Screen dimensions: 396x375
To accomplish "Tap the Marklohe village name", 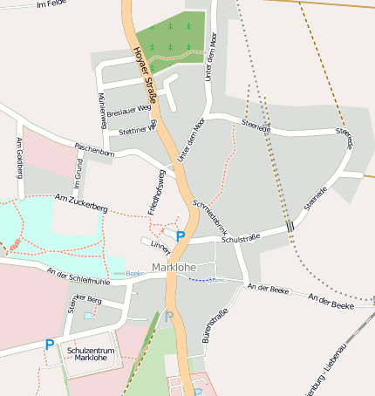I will tap(172, 267).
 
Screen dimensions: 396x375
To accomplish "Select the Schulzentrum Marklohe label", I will tap(91, 353).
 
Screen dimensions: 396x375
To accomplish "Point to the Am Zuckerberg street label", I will tap(80, 205).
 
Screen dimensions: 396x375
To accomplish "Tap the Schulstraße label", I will tap(242, 238).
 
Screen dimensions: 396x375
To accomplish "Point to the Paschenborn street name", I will tap(94, 149).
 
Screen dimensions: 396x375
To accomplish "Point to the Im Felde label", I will tap(52, 4).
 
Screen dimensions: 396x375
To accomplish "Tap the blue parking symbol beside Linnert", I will tap(180, 236).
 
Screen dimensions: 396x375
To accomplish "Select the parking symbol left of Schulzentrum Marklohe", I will tap(49, 345).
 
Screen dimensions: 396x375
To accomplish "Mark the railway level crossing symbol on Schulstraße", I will tap(289, 227).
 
